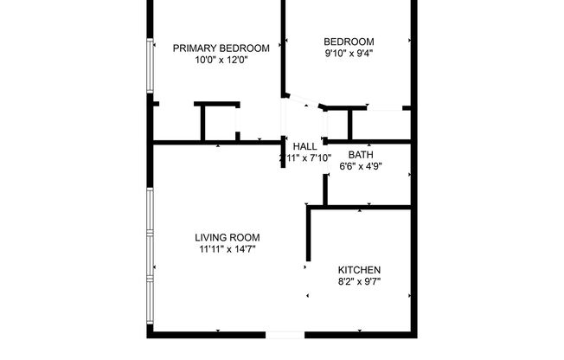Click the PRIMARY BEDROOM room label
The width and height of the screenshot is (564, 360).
pyautogui.click(x=221, y=48)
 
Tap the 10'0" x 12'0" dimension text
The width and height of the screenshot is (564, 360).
pyautogui.click(x=221, y=60)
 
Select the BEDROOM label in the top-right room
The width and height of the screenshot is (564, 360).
pyautogui.click(x=349, y=41)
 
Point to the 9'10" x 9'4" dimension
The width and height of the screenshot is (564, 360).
pyautogui.click(x=349, y=52)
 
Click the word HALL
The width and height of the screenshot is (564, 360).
pyautogui.click(x=305, y=146)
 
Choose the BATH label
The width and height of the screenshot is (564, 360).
pyautogui.click(x=361, y=155)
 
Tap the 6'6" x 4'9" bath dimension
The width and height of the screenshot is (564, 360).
pyautogui.click(x=361, y=166)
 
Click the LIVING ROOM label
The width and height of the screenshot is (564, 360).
pyautogui.click(x=227, y=237)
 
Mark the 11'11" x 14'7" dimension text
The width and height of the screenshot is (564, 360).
pyautogui.click(x=227, y=248)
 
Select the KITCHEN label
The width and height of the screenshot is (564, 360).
pyautogui.click(x=359, y=270)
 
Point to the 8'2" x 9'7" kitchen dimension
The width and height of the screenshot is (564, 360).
pyautogui.click(x=359, y=281)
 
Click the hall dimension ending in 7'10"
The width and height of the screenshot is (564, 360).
pyautogui.click(x=305, y=157)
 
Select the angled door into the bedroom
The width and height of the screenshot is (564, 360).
pyautogui.click(x=302, y=100)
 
